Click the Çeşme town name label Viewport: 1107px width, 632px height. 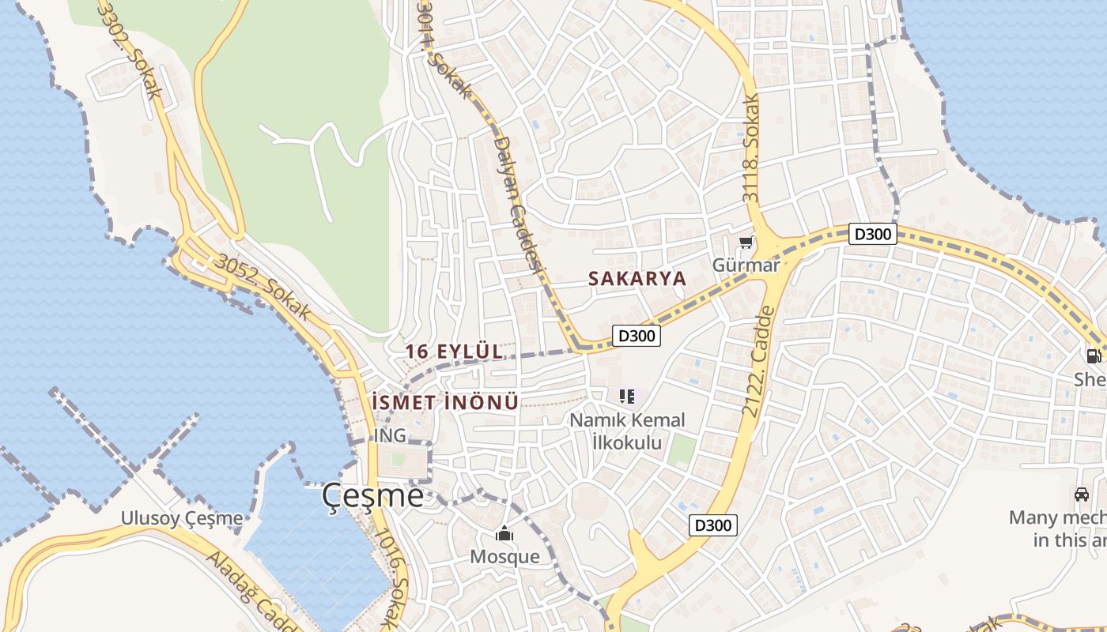[x=372, y=495]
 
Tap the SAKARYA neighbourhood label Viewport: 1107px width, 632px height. [x=637, y=279]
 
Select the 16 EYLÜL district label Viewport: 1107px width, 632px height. [x=454, y=352]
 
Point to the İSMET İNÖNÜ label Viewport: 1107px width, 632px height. [x=445, y=402]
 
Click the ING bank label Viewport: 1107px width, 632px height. [x=390, y=435]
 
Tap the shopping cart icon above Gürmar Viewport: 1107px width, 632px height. [x=746, y=243]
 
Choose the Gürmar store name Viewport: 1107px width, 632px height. [x=746, y=265]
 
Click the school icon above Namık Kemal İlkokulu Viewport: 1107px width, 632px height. [x=627, y=396]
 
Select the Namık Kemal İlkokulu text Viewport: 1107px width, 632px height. [x=628, y=431]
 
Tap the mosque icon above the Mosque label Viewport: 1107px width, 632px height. [x=504, y=534]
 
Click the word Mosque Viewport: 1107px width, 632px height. [x=504, y=556]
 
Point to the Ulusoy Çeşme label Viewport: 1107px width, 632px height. [x=182, y=518]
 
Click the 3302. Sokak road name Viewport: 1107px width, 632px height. [x=130, y=51]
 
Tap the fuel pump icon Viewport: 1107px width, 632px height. [x=1094, y=356]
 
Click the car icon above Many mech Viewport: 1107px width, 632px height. [x=1082, y=495]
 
